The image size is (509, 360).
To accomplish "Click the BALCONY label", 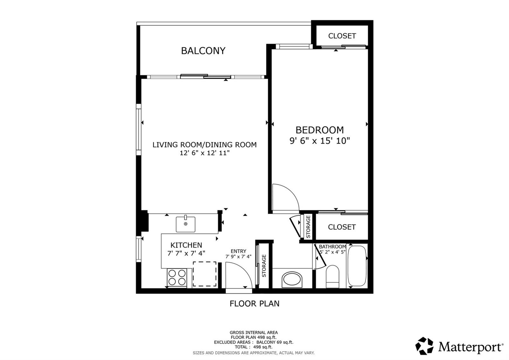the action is click(x=203, y=51).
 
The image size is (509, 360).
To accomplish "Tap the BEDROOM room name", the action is click(x=319, y=130).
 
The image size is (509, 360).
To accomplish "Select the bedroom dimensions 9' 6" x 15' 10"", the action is click(x=319, y=141).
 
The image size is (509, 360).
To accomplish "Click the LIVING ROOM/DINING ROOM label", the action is click(x=205, y=145).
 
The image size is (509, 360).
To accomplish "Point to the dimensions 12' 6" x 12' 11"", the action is click(x=205, y=153).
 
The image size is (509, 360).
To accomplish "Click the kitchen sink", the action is click(x=185, y=224).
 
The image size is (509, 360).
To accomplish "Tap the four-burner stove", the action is click(x=177, y=278).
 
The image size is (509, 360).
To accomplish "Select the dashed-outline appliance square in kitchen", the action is click(x=205, y=274).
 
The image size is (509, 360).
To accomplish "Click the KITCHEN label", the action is click(x=186, y=245).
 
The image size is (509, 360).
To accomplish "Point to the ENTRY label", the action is click(x=238, y=251).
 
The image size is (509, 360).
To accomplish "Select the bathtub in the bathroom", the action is click(x=357, y=265).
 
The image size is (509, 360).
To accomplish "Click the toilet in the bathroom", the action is click(x=332, y=277).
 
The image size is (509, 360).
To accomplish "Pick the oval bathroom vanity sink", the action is click(x=292, y=279).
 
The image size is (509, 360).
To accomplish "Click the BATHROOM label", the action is click(x=332, y=247).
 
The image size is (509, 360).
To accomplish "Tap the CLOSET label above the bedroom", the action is click(x=342, y=36).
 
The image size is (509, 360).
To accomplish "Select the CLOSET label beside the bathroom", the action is click(x=342, y=227).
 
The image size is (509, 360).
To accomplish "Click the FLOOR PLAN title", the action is click(x=254, y=304).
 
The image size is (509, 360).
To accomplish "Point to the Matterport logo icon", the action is click(x=424, y=346).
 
